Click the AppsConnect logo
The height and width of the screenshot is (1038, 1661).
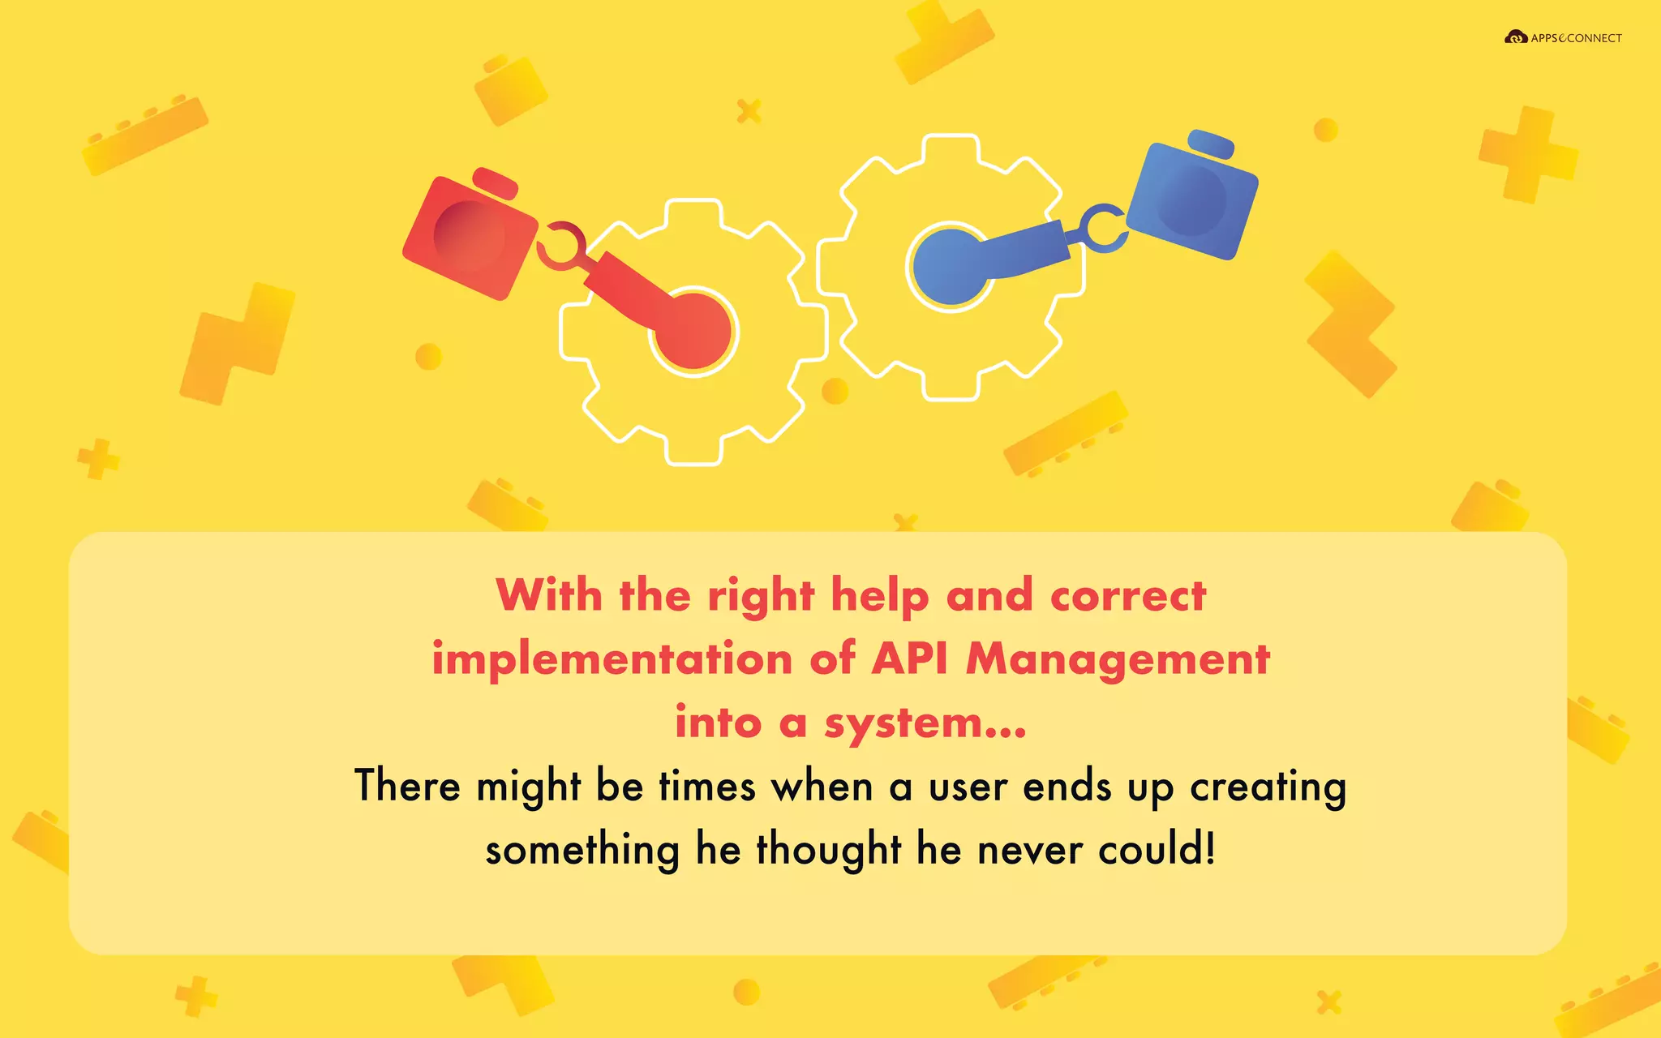(x=1563, y=37)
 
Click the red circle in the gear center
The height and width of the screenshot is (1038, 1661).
(x=693, y=331)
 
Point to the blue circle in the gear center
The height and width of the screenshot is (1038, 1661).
(x=949, y=265)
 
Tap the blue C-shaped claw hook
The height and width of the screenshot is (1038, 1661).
(x=1103, y=228)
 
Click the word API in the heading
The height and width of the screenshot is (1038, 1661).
(x=909, y=658)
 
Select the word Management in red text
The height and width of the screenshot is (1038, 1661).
(x=1118, y=659)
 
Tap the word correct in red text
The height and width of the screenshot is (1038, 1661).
(x=1128, y=596)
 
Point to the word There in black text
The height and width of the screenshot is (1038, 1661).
(x=407, y=786)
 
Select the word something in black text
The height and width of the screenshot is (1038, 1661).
(x=582, y=851)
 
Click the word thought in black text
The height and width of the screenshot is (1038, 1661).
(x=829, y=851)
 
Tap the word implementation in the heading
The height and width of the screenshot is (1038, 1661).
(x=612, y=658)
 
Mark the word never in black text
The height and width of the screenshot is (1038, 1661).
(x=1030, y=851)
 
